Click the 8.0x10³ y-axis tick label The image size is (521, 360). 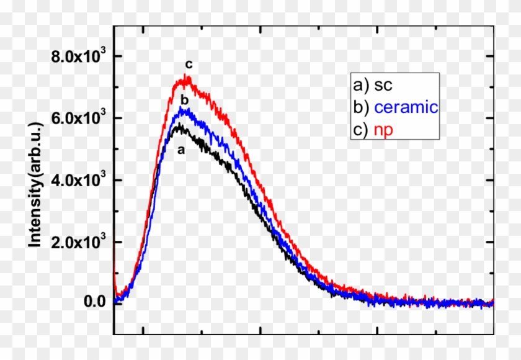[78, 58]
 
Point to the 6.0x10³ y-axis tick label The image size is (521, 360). [78, 119]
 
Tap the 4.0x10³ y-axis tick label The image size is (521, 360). [78, 181]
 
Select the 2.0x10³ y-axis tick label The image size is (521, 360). [78, 242]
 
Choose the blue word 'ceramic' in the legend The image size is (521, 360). [406, 107]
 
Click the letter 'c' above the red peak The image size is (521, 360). [188, 65]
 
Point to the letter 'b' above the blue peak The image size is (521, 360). [184, 100]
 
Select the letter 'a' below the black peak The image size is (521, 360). [181, 150]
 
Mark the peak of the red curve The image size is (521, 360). [185, 78]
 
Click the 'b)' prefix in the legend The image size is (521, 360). [360, 107]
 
